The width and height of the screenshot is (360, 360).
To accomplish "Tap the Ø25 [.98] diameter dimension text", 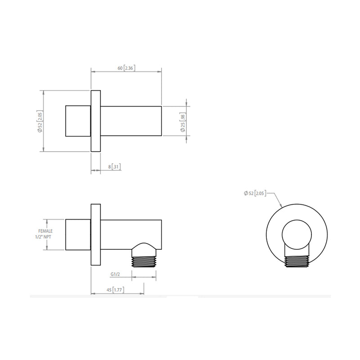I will point(183,121).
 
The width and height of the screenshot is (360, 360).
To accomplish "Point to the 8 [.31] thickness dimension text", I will point(114,167).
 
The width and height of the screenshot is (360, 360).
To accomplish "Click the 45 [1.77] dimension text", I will point(117,290).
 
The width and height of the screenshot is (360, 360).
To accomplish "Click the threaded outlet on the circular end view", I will point(297,261).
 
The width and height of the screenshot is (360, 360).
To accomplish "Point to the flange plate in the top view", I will point(96,121).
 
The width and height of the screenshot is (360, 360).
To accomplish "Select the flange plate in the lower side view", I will point(96,234).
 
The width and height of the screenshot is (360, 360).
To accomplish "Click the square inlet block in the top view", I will point(78,121).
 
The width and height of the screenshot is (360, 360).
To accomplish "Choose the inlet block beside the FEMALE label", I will point(78,234).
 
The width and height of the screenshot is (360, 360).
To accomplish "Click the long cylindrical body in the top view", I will point(131,121).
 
